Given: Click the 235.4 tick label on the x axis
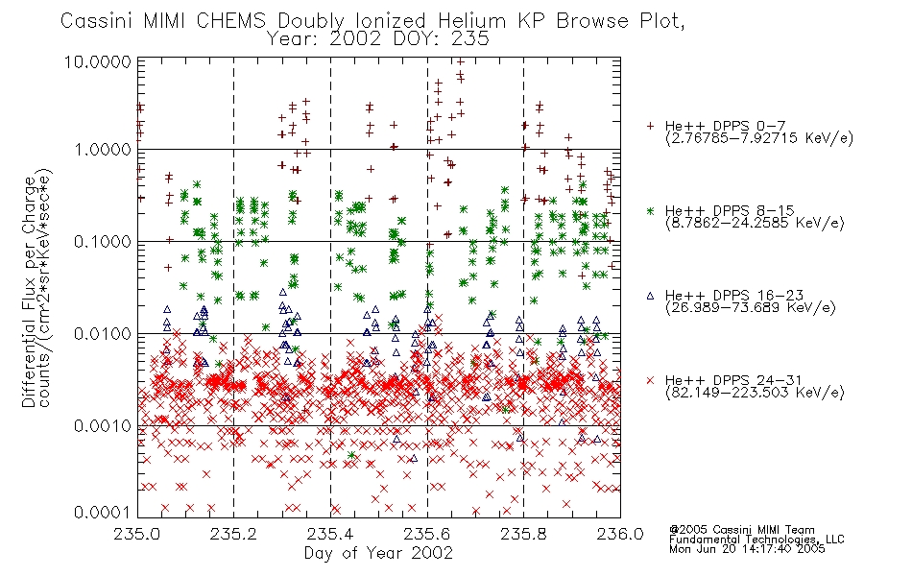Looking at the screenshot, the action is point(331,534).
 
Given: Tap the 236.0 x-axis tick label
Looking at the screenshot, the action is point(620,534).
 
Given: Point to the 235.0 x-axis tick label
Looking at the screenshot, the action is point(137,534).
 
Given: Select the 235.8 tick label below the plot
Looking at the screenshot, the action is point(523,534).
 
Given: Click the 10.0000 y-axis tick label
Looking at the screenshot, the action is point(98,61).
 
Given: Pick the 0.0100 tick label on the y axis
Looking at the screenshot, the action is point(103,334).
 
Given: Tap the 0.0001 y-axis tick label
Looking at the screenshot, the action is point(103,512).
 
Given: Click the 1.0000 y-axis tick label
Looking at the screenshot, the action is point(104,150).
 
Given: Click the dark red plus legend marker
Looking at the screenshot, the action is point(650,126).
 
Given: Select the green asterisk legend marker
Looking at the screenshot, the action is point(650,210).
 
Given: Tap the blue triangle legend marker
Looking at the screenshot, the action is point(650,296).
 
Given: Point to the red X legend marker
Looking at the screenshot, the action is point(650,380).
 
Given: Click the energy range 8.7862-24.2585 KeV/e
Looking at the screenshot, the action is point(755,223).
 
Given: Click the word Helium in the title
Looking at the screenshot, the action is point(471,21).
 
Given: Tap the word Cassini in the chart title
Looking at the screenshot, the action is point(97,21).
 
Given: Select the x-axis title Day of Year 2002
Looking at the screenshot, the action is point(378,553).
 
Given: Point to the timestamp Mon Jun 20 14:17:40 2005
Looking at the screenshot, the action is point(747,549).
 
